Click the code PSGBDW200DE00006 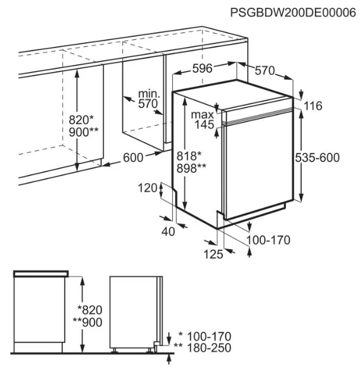[x=293, y=12]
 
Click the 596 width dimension [x=203, y=68]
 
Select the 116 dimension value [x=313, y=106]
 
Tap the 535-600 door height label [x=317, y=158]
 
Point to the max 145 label [x=203, y=120]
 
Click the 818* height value [x=189, y=156]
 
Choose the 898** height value [x=191, y=168]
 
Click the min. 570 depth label [x=149, y=99]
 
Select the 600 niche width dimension [x=133, y=158]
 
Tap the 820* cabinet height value [x=81, y=120]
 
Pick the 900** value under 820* [x=84, y=132]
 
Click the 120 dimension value [x=147, y=188]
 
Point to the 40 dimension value [x=168, y=232]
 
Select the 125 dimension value [x=213, y=254]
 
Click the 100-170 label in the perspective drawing [x=269, y=240]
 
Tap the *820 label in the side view [x=90, y=310]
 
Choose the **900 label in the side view [x=87, y=322]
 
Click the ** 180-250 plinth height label [x=203, y=348]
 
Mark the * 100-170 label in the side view [x=205, y=337]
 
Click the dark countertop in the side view [x=41, y=273]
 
